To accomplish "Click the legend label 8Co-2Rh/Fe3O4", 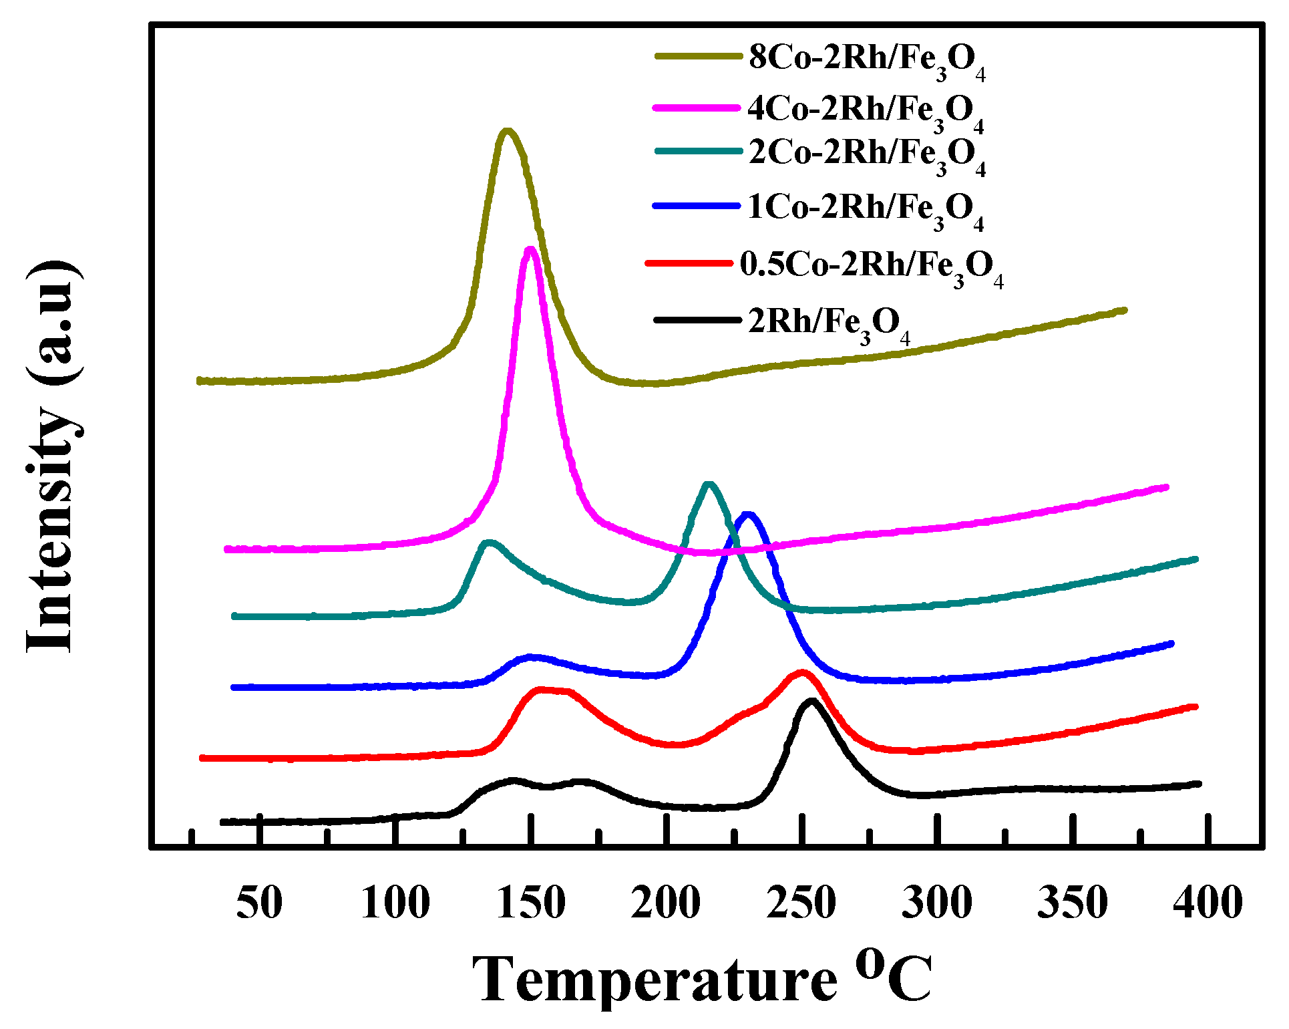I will (x=866, y=59).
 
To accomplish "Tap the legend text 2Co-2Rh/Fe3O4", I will (x=866, y=154).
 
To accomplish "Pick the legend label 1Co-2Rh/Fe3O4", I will (x=865, y=208).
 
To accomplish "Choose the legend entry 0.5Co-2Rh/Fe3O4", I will (x=871, y=267).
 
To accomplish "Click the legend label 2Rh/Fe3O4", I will (x=828, y=323).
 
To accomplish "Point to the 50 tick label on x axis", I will (x=259, y=902).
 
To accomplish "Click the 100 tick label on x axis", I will (x=395, y=902).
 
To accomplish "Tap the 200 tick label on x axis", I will (x=666, y=902).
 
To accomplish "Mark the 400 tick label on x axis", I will (x=1208, y=902).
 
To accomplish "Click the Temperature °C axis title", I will (x=701, y=977).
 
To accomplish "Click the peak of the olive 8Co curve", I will (x=507, y=131).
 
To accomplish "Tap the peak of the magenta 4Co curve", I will (x=530, y=250).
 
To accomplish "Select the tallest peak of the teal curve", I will (x=709, y=484).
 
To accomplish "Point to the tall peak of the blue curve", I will (x=748, y=514).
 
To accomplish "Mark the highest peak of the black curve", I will (x=811, y=701).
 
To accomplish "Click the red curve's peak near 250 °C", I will (x=802, y=672).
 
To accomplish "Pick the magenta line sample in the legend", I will (x=697, y=108).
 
